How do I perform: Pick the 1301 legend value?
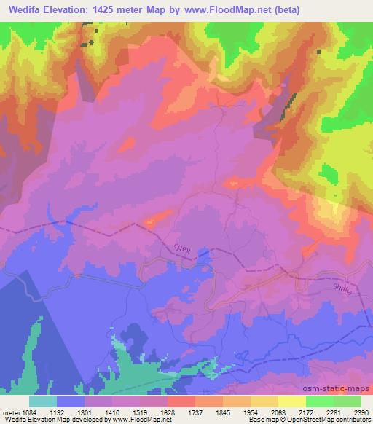click(97, 411)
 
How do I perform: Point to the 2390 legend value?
click(361, 411)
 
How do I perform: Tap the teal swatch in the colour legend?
click(43, 401)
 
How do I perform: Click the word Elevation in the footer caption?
click(38, 420)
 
